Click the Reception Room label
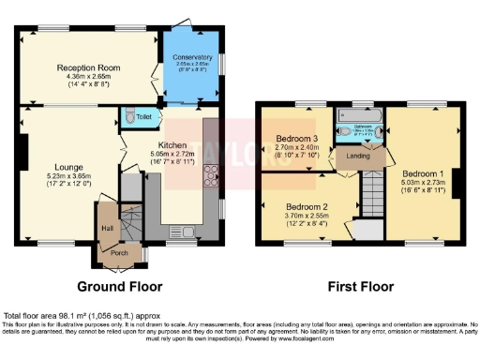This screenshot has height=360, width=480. pos(89,67)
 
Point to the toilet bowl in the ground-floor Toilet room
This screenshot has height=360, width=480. pos(130,117)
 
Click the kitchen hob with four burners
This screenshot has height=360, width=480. pos(209,177)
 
